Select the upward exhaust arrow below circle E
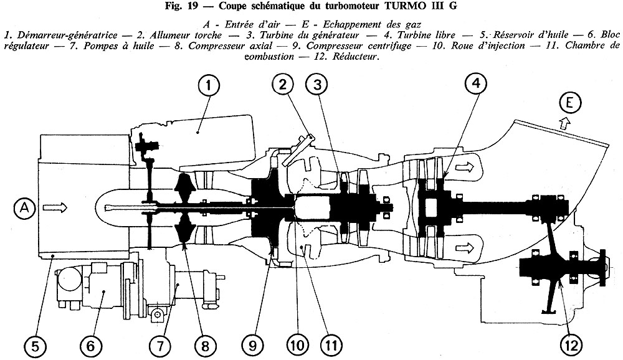click(x=566, y=125)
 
